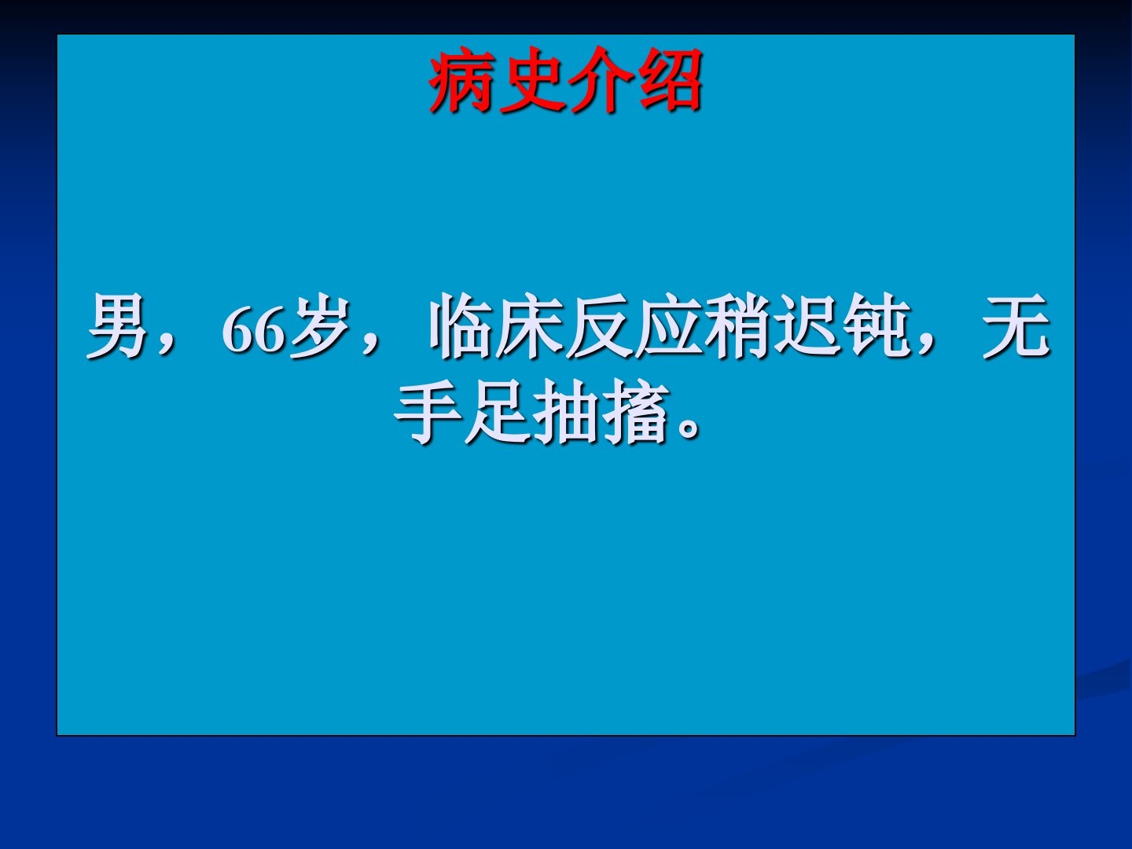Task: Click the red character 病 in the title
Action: [461, 79]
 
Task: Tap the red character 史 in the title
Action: [531, 79]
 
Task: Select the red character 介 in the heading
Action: [600, 79]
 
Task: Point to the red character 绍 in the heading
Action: [670, 79]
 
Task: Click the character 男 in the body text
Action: [117, 325]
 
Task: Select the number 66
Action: [253, 329]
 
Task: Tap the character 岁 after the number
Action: [320, 325]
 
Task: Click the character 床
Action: [528, 325]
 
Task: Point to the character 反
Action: [597, 325]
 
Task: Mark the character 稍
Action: [737, 325]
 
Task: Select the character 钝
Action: [875, 325]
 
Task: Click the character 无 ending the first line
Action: [1016, 325]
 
